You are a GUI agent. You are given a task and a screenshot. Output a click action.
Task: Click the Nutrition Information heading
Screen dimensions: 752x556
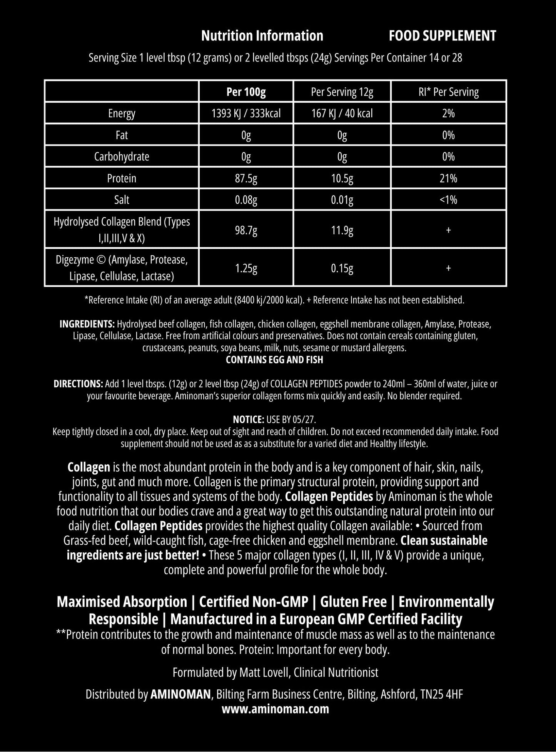coord(262,36)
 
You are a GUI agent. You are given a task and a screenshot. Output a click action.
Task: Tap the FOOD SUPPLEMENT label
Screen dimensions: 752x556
coord(442,36)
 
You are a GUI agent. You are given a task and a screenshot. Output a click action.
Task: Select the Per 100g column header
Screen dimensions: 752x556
coord(246,92)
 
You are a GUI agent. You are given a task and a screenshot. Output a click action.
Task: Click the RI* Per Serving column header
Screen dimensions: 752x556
coord(448,92)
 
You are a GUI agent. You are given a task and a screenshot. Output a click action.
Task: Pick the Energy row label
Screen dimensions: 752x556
coord(122,113)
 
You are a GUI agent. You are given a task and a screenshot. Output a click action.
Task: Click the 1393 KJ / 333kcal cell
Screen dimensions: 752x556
coord(246,113)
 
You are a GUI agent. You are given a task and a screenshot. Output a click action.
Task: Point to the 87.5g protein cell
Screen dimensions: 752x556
coord(246,178)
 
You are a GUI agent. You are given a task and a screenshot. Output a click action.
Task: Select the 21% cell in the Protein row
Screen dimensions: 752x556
coord(448,178)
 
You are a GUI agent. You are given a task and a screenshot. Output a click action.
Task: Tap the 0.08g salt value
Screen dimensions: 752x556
coord(246,200)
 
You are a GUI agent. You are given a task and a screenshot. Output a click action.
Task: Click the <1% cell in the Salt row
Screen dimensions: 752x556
coord(448,200)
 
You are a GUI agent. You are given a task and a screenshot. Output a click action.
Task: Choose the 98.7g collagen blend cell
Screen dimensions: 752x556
coord(246,230)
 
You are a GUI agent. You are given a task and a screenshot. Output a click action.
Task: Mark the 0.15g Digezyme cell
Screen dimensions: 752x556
coord(342,268)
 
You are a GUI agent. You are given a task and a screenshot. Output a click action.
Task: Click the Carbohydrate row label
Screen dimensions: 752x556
coord(122,157)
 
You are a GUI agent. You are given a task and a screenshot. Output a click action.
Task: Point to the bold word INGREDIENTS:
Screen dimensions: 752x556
coord(87,324)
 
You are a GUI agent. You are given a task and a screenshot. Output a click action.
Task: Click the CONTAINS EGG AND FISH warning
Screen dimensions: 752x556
coord(274,360)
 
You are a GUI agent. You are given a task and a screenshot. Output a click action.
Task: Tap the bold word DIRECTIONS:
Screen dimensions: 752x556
coord(78,384)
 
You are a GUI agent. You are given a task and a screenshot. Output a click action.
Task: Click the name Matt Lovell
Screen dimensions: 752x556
coord(265,672)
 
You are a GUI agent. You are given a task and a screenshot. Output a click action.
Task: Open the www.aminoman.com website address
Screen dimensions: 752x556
coord(275,709)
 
